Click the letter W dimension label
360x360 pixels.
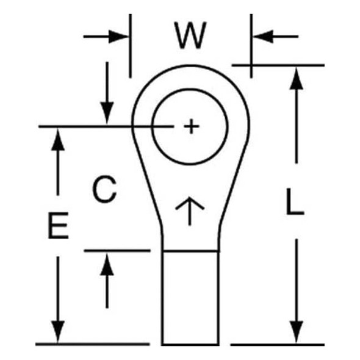[x=190, y=35]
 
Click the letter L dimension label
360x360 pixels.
[x=295, y=201]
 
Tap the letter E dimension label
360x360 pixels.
[x=59, y=225]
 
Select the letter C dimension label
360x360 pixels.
[x=104, y=189]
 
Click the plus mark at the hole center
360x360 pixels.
[x=191, y=126]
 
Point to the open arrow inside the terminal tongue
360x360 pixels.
[x=190, y=211]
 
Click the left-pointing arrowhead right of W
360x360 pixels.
[x=263, y=37]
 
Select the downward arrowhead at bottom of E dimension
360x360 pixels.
[x=58, y=332]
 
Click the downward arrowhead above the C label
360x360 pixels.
[x=107, y=113]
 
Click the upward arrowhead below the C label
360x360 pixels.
[x=107, y=264]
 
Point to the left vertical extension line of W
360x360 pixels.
[x=131, y=46]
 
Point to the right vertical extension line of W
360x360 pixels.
[x=251, y=46]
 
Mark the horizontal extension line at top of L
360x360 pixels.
[x=278, y=65]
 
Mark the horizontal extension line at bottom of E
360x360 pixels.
[x=93, y=344]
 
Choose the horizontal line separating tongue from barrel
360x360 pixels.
[x=190, y=251]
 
